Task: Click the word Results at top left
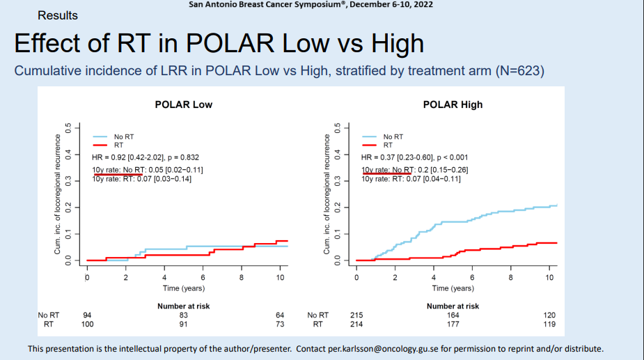(x=58, y=15)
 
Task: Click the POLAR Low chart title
(x=183, y=104)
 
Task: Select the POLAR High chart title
(x=453, y=104)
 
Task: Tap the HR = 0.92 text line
(x=146, y=157)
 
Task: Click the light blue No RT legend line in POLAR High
(x=370, y=137)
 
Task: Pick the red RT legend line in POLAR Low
(x=101, y=145)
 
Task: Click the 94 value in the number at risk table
(x=87, y=315)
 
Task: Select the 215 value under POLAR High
(x=356, y=315)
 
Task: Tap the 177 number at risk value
(x=453, y=324)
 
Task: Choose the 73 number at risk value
(x=280, y=324)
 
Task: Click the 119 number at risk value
(x=549, y=324)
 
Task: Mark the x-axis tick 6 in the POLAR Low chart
(x=203, y=277)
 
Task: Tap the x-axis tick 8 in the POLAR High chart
(x=510, y=277)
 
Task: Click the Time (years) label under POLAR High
(x=453, y=288)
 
